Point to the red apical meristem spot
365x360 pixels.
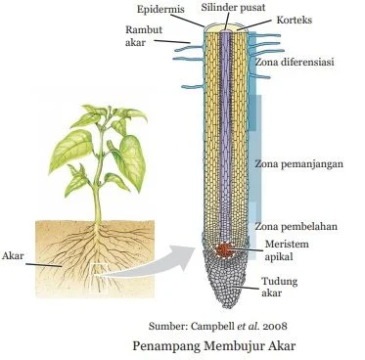click(226, 250)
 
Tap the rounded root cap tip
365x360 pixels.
click(225, 293)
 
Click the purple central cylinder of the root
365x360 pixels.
click(226, 127)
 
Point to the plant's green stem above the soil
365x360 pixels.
click(96, 191)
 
